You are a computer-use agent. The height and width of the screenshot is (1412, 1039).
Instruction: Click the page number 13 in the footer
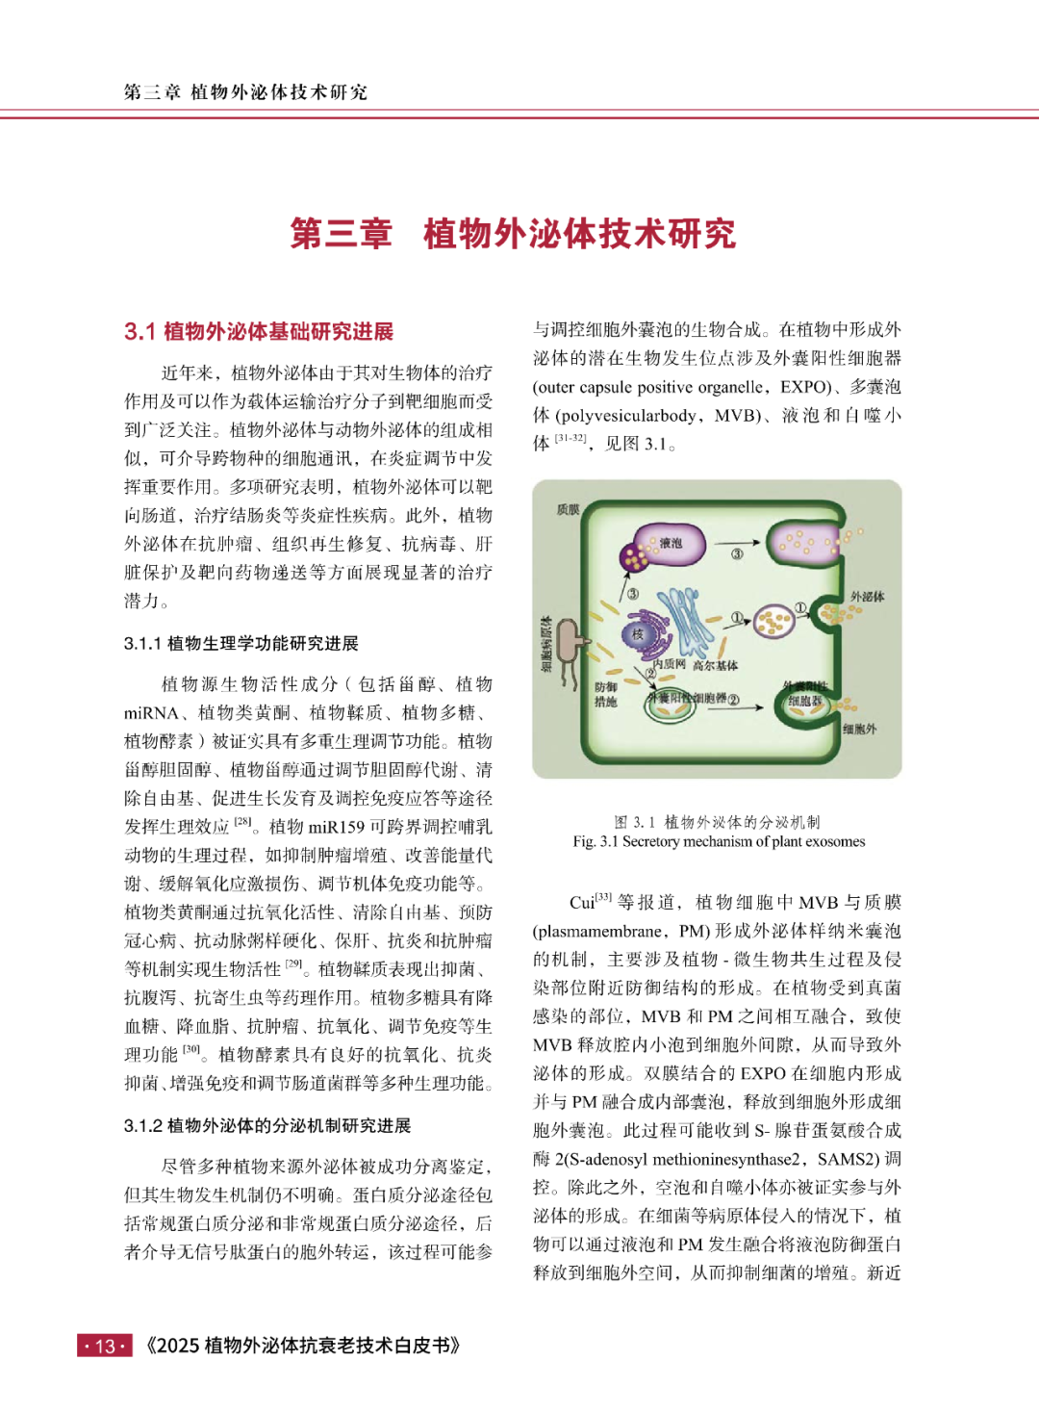point(105,1346)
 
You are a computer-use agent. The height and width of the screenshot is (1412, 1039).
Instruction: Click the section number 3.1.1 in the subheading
point(143,644)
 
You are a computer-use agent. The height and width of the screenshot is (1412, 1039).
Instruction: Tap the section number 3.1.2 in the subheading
point(143,1126)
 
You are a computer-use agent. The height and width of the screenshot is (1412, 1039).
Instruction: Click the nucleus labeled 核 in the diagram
point(637,634)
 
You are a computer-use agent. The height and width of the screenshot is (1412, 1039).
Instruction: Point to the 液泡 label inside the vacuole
point(671,544)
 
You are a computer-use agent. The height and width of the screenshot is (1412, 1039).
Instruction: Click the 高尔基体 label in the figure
point(715,665)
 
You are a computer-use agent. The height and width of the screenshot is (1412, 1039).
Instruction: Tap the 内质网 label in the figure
point(669,664)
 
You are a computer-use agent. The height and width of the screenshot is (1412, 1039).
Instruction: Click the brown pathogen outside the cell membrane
point(569,639)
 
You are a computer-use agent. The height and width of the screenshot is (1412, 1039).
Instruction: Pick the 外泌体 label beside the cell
point(867,597)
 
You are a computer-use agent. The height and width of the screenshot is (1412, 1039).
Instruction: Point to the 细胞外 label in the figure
point(859,729)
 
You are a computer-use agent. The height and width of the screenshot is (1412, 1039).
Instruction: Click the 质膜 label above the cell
point(568,508)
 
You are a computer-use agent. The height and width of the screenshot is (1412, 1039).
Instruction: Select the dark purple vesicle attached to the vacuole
point(634,556)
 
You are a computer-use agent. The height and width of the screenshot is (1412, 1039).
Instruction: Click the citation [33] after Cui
point(603,897)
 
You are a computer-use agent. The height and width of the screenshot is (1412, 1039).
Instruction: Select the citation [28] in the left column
point(242,822)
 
